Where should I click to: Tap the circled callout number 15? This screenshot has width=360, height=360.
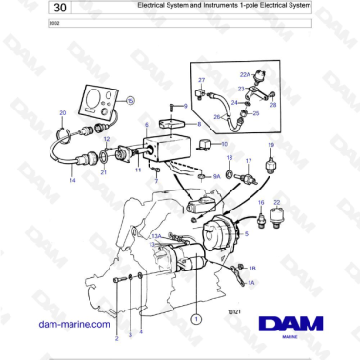pyautogui.click(x=131, y=98)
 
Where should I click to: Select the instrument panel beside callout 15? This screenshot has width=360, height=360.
pyautogui.click(x=101, y=99)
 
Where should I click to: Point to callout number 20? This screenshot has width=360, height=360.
pyautogui.click(x=63, y=112)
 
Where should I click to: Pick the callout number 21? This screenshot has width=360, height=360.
pyautogui.click(x=104, y=173)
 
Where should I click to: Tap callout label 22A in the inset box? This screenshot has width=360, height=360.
pyautogui.click(x=244, y=74)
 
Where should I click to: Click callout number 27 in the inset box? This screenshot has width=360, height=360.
pyautogui.click(x=201, y=80)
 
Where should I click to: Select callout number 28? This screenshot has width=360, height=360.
pyautogui.click(x=272, y=105)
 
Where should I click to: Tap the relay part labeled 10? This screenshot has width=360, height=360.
pyautogui.click(x=210, y=145)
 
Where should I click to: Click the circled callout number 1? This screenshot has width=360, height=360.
pyautogui.click(x=197, y=320)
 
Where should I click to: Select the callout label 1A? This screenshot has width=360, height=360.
pyautogui.click(x=252, y=282)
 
